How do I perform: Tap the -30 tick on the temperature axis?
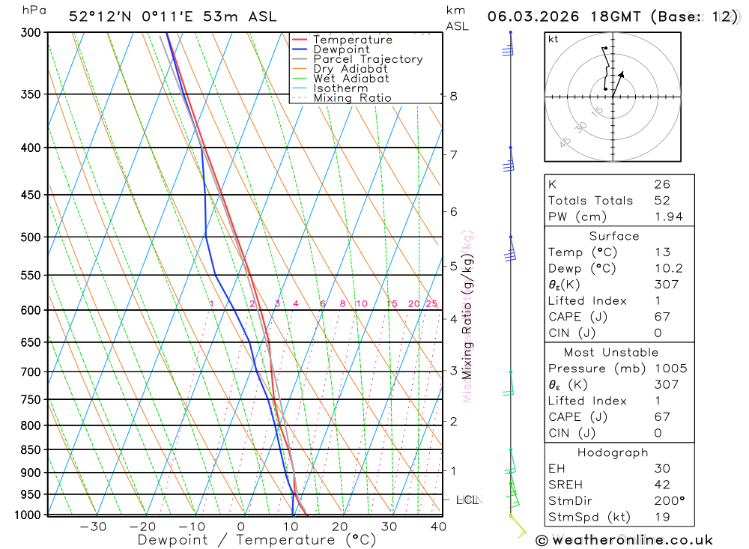pyautogui.click(x=93, y=527)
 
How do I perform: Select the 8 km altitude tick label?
pyautogui.click(x=453, y=96)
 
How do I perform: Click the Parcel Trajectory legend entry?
pyautogui.click(x=368, y=59)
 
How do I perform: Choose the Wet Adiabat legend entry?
pyautogui.click(x=351, y=79)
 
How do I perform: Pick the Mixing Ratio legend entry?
pyautogui.click(x=352, y=98)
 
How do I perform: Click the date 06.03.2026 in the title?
pyautogui.click(x=529, y=16)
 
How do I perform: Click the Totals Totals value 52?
pyautogui.click(x=662, y=201)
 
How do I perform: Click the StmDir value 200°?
pyautogui.click(x=668, y=501)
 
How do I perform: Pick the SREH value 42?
pyautogui.click(x=662, y=485)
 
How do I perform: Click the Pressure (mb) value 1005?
pyautogui.click(x=670, y=368)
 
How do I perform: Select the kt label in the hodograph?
pyautogui.click(x=554, y=39)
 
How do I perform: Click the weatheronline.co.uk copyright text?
pyautogui.click(x=625, y=539)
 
